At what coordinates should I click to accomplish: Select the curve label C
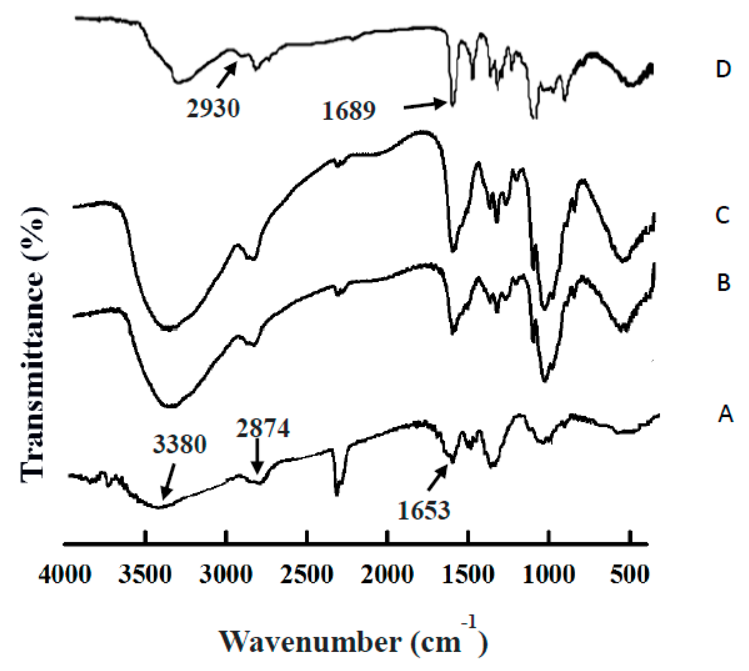click(722, 215)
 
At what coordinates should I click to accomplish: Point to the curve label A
click(725, 414)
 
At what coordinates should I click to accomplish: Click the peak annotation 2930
click(213, 108)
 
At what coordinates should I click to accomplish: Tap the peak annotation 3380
click(180, 444)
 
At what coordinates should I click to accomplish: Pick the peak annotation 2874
click(263, 428)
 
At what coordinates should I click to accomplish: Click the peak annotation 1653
click(424, 510)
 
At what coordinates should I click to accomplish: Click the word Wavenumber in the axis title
click(310, 642)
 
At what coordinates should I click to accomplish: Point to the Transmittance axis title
click(32, 345)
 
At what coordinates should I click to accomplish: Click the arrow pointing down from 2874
click(258, 456)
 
